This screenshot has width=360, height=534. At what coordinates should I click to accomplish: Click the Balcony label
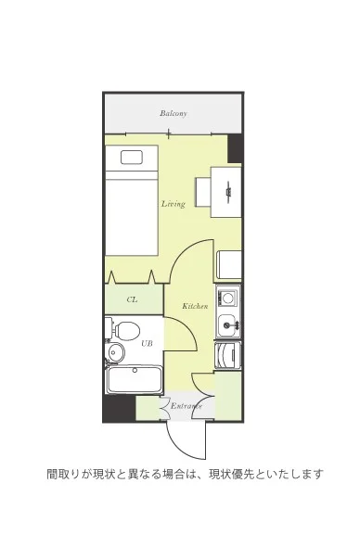click(174, 113)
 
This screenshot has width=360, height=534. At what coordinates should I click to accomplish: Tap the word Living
click(174, 204)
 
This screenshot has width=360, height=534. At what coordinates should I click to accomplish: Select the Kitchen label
click(195, 306)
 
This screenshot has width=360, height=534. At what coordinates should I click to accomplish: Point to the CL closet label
click(132, 299)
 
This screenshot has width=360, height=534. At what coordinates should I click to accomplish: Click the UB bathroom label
click(147, 343)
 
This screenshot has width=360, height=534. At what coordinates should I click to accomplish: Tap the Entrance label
click(186, 406)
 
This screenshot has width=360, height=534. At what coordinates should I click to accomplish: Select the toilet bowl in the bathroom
click(127, 331)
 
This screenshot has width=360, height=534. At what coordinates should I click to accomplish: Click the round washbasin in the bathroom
click(116, 352)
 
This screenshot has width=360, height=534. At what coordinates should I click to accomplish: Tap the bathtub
click(134, 380)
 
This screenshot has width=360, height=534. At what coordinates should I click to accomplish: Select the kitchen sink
click(227, 324)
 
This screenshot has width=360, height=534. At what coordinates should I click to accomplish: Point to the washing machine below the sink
click(227, 355)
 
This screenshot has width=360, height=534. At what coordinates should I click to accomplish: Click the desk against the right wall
click(226, 192)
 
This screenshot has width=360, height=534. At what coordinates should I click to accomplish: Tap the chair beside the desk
click(203, 192)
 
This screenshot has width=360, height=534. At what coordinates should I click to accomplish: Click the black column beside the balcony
click(234, 148)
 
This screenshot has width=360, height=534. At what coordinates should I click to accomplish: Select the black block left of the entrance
click(120, 408)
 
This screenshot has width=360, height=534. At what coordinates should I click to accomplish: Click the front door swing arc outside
click(181, 450)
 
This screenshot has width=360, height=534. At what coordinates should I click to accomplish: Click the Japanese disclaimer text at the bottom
click(185, 474)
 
